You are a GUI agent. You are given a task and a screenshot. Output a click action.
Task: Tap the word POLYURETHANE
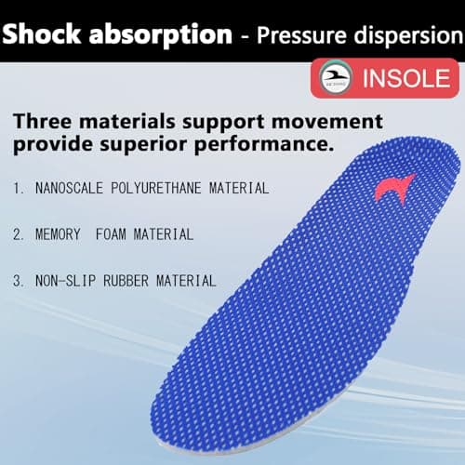[x=168, y=188]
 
